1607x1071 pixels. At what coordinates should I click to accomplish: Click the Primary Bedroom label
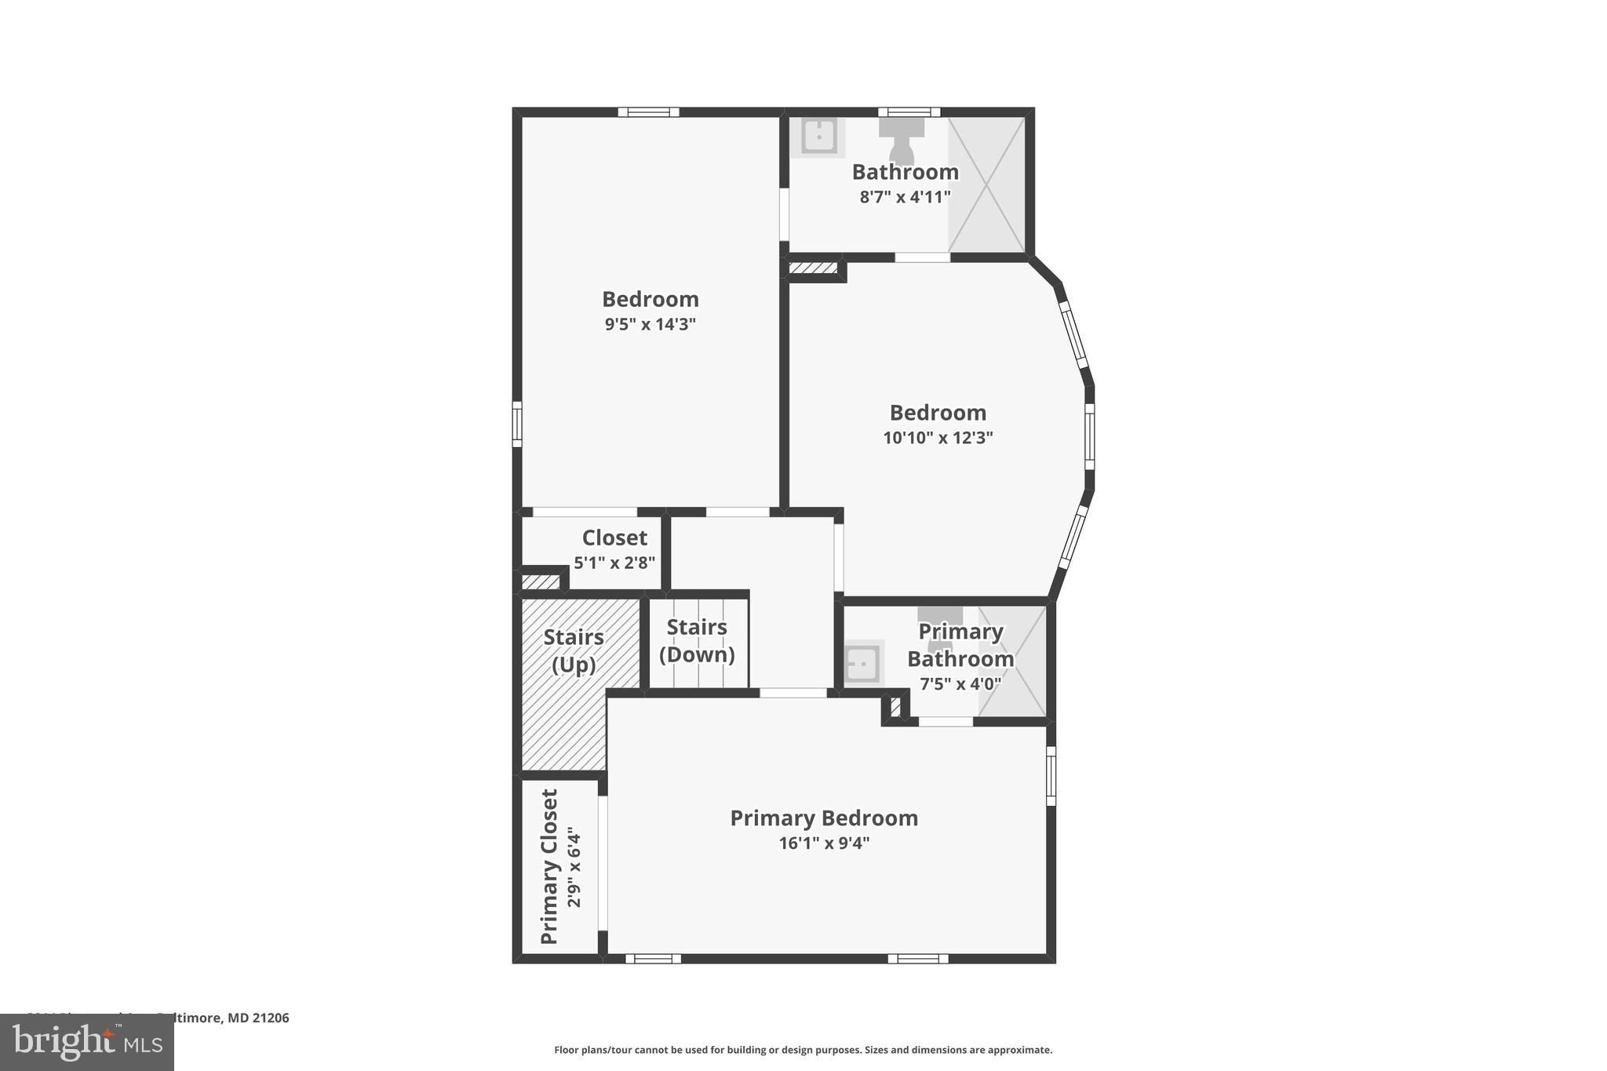point(824,818)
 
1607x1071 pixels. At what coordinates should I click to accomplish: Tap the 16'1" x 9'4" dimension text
point(824,843)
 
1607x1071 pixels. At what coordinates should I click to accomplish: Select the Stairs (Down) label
point(697,641)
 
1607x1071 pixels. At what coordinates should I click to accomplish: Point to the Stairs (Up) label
point(574,650)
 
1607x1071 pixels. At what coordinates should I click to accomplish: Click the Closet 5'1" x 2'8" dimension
point(614,563)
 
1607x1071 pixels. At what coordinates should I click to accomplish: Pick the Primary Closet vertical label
point(550,866)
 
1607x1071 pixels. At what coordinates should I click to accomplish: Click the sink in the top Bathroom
point(818,137)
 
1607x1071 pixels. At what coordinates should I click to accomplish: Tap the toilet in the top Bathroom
point(902,141)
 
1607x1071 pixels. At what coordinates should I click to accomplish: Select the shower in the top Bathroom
point(986,185)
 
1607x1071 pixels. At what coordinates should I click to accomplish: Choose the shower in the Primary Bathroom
point(1012,661)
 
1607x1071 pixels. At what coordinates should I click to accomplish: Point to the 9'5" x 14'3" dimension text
point(650,324)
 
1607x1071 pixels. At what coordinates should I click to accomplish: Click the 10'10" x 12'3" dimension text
point(938,438)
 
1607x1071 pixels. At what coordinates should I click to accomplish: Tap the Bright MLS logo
point(87,1042)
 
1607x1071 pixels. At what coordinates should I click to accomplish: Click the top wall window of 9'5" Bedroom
point(648,112)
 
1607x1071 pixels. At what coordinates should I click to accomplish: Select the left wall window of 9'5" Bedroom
point(517,424)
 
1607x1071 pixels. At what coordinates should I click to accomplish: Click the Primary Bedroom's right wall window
point(1051,776)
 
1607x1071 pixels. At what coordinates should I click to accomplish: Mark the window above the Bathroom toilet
point(909,112)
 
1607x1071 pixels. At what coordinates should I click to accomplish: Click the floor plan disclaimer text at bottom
point(803,1050)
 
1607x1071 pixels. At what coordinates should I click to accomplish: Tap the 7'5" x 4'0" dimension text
point(960,684)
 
